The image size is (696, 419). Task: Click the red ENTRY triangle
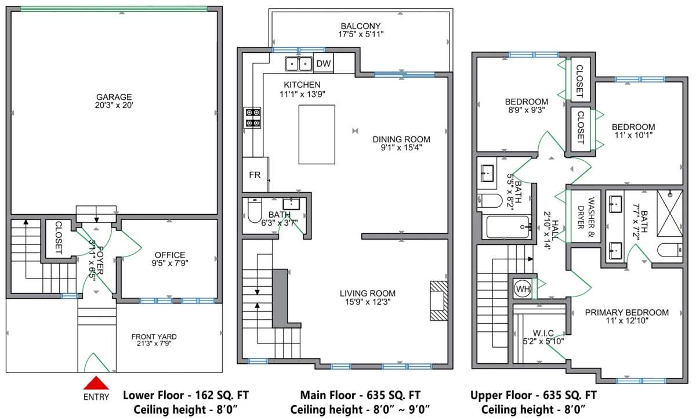tap(96, 383)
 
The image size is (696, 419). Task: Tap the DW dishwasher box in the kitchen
tap(324, 63)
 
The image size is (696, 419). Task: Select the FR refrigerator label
tap(255, 175)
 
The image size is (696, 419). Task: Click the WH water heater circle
tap(523, 289)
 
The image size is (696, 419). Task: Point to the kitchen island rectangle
tap(317, 134)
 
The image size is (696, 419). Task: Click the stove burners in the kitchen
tap(252, 118)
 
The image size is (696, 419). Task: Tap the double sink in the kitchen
tap(299, 64)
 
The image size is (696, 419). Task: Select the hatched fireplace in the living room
tap(438, 301)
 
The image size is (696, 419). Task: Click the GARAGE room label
tap(114, 97)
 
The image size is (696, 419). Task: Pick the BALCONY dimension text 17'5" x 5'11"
tap(361, 34)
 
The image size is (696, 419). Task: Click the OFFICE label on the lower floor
tap(170, 255)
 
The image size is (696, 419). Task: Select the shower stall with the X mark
tap(669, 214)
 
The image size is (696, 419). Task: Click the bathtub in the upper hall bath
tap(507, 227)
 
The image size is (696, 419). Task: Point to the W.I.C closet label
tap(543, 333)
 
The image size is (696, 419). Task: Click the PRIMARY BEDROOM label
tap(627, 312)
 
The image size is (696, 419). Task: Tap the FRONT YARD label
tap(154, 337)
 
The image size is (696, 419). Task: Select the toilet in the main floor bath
tap(255, 211)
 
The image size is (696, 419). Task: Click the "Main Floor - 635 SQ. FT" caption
tap(360, 395)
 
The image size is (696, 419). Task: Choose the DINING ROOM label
tap(401, 139)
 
